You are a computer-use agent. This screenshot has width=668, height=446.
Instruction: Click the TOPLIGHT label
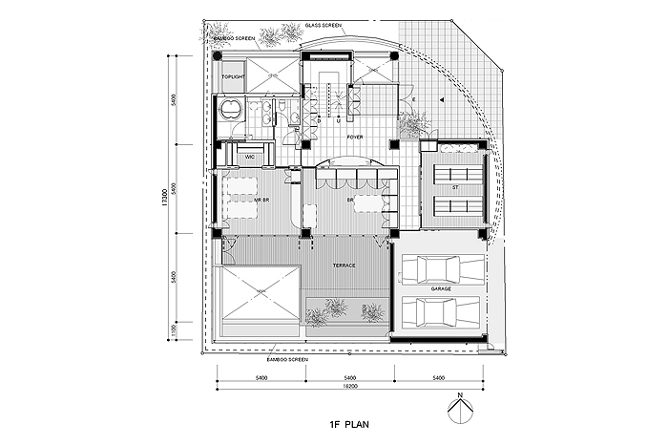click(x=233, y=76)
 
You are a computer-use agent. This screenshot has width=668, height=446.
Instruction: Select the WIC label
click(x=248, y=156)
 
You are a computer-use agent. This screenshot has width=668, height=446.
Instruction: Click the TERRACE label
click(x=344, y=265)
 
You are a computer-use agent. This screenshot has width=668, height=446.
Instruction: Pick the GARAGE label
click(x=441, y=287)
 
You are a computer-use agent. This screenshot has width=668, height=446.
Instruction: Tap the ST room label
click(x=455, y=187)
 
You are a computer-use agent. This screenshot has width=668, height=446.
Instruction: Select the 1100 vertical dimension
click(x=175, y=330)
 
